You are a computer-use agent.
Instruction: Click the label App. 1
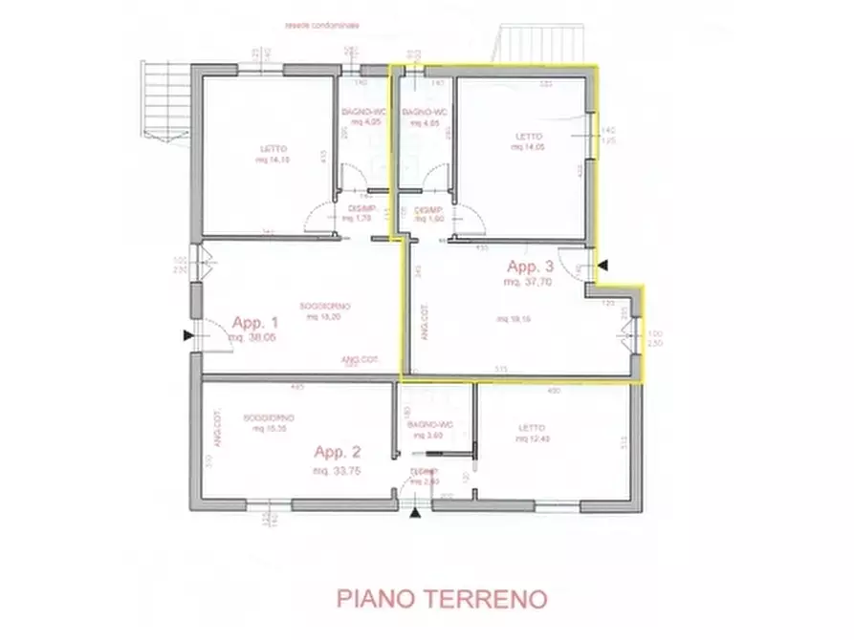pyautogui.click(x=251, y=322)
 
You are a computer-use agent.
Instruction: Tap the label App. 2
pyautogui.click(x=339, y=453)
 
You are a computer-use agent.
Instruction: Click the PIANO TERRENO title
pyautogui.click(x=441, y=599)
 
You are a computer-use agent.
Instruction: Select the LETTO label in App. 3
pyautogui.click(x=529, y=137)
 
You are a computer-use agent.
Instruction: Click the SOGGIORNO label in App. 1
pyautogui.click(x=324, y=306)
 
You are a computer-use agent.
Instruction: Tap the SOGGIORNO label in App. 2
pyautogui.click(x=269, y=417)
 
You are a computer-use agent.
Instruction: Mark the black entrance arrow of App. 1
pyautogui.click(x=186, y=334)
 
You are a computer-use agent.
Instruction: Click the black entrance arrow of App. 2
pyautogui.click(x=414, y=514)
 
